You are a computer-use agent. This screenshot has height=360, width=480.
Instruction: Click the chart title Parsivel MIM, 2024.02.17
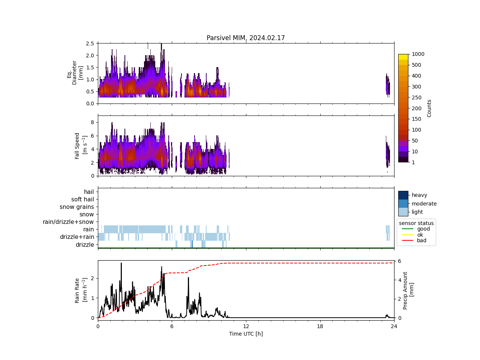point(246,38)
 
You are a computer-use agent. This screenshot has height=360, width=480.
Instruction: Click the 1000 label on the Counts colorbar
point(418,54)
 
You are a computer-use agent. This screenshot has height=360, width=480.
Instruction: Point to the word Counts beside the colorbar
point(429,108)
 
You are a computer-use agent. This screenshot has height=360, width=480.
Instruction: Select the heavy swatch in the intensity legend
point(403,195)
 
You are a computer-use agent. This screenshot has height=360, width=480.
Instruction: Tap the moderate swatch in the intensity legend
point(403,204)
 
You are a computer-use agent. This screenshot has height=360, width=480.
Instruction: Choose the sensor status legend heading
point(416,223)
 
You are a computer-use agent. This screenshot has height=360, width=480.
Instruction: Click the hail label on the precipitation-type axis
point(89,192)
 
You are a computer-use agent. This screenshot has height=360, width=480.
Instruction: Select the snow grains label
point(77,207)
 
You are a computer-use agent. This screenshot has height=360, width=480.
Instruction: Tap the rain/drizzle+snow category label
point(68,222)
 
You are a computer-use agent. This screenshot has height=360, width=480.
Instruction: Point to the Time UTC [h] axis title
point(246,334)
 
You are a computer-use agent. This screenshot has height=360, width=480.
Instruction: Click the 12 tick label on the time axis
point(246,326)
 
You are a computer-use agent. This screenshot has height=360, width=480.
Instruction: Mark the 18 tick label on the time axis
point(320,326)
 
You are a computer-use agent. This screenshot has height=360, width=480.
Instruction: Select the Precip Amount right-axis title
point(408,290)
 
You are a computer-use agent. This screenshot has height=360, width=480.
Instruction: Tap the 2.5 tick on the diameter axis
point(90,43)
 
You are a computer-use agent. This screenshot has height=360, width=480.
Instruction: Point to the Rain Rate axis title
point(80,290)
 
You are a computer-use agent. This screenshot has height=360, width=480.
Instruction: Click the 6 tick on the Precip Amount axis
point(400,261)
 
